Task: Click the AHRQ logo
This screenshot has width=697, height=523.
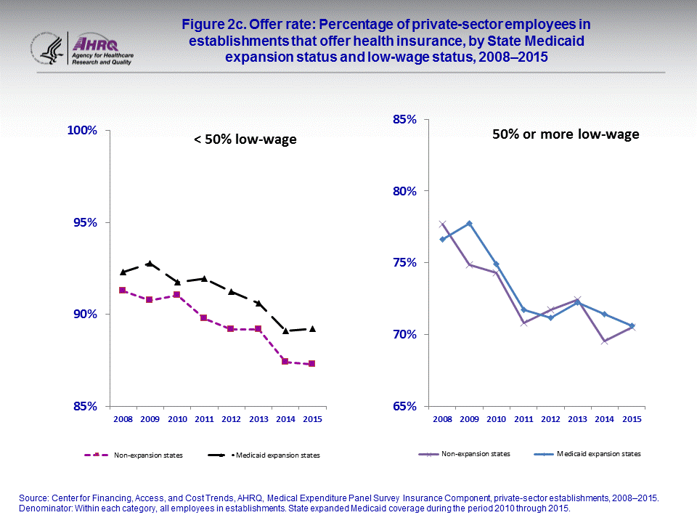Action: [101, 49]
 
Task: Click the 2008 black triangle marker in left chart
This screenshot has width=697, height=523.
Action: [123, 272]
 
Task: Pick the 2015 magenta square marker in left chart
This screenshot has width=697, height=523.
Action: [311, 363]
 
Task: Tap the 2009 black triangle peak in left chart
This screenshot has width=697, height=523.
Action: [150, 264]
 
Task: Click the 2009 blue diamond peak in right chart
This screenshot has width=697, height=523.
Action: [469, 224]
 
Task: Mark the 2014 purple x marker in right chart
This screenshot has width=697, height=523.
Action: [605, 341]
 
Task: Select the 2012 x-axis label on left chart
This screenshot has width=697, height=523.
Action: [231, 420]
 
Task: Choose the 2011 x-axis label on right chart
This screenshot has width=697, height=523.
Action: [523, 420]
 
